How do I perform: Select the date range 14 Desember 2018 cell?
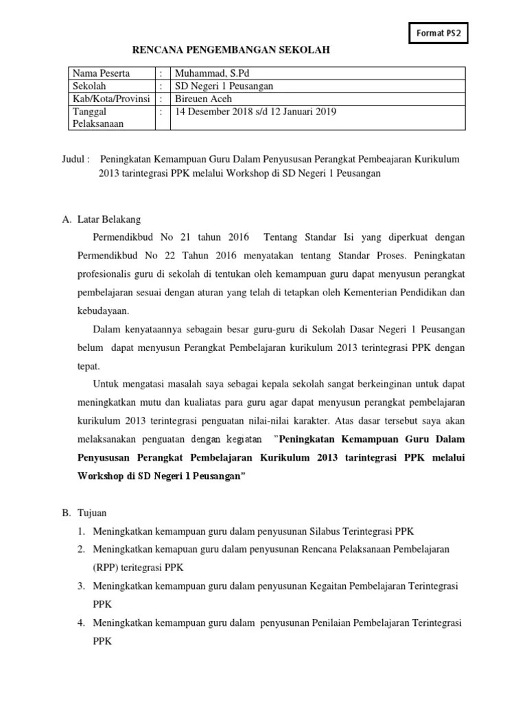pos(255,111)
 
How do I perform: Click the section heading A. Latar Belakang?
pos(101,220)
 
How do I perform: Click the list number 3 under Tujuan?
pos(80,586)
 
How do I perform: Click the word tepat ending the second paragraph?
pos(88,365)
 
